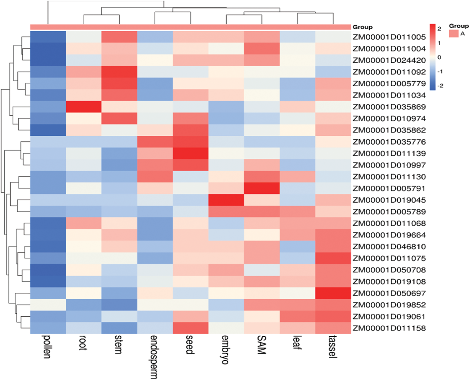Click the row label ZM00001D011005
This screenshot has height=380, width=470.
pyautogui.click(x=389, y=37)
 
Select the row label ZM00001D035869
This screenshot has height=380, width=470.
pyautogui.click(x=389, y=107)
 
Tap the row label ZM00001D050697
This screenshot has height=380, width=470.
pyautogui.click(x=389, y=293)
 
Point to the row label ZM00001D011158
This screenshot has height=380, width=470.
pyautogui.click(x=389, y=328)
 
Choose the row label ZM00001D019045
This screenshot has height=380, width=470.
pyautogui.click(x=389, y=200)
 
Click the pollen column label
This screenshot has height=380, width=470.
pyautogui.click(x=47, y=347)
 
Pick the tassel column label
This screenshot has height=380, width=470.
pyautogui.click(x=333, y=347)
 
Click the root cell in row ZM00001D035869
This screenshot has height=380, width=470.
pyautogui.click(x=83, y=107)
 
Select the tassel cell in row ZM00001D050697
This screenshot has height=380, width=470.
pyautogui.click(x=333, y=293)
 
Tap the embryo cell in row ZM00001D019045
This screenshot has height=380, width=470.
pyautogui.click(x=226, y=200)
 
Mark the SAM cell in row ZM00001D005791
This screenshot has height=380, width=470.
pyautogui.click(x=262, y=189)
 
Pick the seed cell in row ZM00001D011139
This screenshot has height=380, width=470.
pyautogui.click(x=190, y=153)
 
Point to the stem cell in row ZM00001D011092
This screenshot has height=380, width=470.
pyautogui.click(x=119, y=72)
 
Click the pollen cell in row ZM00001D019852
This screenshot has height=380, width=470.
pyautogui.click(x=48, y=305)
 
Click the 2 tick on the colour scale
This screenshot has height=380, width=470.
pyautogui.click(x=439, y=29)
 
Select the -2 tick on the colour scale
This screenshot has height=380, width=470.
pyautogui.click(x=440, y=86)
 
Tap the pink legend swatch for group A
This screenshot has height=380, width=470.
pyautogui.click(x=453, y=33)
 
